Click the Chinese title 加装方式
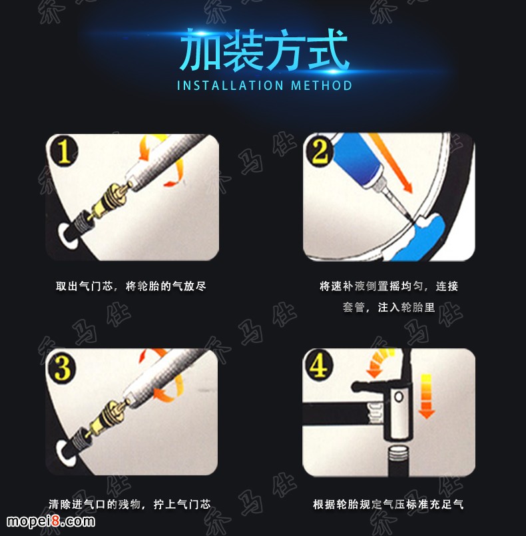(x=264, y=50)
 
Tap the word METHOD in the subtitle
(x=322, y=85)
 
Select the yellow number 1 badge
(x=64, y=151)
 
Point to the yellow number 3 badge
(x=62, y=368)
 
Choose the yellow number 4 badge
(x=318, y=365)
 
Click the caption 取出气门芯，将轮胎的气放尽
(x=131, y=286)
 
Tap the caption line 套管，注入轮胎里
(x=389, y=308)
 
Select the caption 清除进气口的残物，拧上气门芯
(x=130, y=504)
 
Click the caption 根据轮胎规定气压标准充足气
(x=388, y=504)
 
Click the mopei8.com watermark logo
(x=51, y=521)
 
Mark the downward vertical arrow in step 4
(x=426, y=396)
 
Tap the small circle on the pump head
(x=399, y=397)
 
